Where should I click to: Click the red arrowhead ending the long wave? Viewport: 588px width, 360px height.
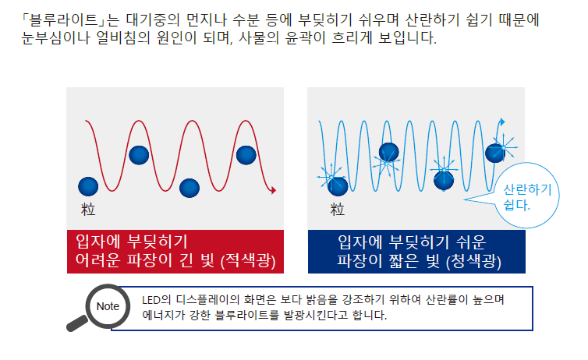pyautogui.click(x=274, y=191)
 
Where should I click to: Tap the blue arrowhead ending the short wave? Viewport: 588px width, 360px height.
pyautogui.click(x=502, y=122)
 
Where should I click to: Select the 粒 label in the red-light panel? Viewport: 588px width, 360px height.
pyautogui.click(x=88, y=210)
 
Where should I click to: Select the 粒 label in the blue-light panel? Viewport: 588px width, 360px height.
pyautogui.click(x=337, y=210)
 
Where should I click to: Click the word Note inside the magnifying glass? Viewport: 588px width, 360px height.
pyautogui.click(x=108, y=306)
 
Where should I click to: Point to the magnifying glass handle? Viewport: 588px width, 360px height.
pyautogui.click(x=77, y=323)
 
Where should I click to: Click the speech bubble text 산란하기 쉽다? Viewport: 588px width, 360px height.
pyautogui.click(x=527, y=197)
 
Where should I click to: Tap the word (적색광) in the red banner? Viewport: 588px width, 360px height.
pyautogui.click(x=248, y=260)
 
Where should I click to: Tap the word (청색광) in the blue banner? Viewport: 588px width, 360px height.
pyautogui.click(x=473, y=261)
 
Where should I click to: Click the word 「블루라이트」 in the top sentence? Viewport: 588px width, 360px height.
pyautogui.click(x=64, y=19)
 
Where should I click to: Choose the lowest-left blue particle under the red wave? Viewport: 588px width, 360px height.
pyautogui.click(x=88, y=186)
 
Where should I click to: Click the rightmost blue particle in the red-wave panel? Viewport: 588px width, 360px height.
pyautogui.click(x=246, y=155)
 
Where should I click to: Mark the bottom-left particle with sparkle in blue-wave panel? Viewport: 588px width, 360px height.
pyautogui.click(x=338, y=186)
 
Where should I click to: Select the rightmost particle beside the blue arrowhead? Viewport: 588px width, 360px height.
pyautogui.click(x=495, y=153)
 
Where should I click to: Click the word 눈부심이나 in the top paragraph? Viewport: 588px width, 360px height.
pyautogui.click(x=55, y=38)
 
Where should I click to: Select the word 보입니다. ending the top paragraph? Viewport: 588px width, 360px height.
pyautogui.click(x=408, y=38)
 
